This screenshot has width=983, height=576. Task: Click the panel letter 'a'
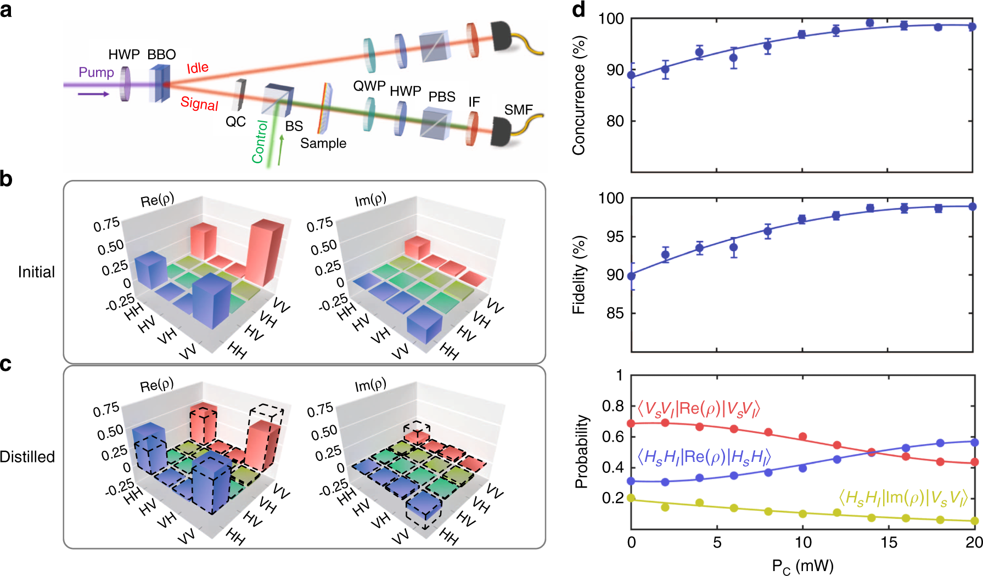pyautogui.click(x=6, y=10)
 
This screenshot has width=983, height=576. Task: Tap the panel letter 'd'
pyautogui.click(x=578, y=9)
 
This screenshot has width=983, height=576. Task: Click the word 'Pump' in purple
pyautogui.click(x=96, y=72)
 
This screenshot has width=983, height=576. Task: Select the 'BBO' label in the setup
pyautogui.click(x=161, y=54)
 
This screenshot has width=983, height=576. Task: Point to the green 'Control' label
pyautogui.click(x=260, y=142)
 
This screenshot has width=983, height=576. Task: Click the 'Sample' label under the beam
pyautogui.click(x=323, y=143)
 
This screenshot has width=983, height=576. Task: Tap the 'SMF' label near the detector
pyautogui.click(x=518, y=110)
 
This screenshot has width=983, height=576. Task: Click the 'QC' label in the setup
pyautogui.click(x=235, y=121)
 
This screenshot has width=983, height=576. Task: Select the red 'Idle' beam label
pyautogui.click(x=198, y=68)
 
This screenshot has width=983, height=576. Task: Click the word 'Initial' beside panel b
pyautogui.click(x=36, y=272)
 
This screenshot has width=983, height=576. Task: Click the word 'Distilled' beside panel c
pyautogui.click(x=27, y=456)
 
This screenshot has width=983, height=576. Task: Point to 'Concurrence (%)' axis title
pyautogui.click(x=578, y=95)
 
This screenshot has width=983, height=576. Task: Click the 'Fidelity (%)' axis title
pyautogui.click(x=578, y=274)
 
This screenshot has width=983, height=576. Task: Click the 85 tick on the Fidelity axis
pyautogui.click(x=615, y=313)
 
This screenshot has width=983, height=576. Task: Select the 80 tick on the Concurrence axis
pyautogui.click(x=615, y=121)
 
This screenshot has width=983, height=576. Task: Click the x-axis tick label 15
pyautogui.click(x=889, y=543)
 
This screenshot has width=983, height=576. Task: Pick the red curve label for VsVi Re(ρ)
pyautogui.click(x=698, y=409)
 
